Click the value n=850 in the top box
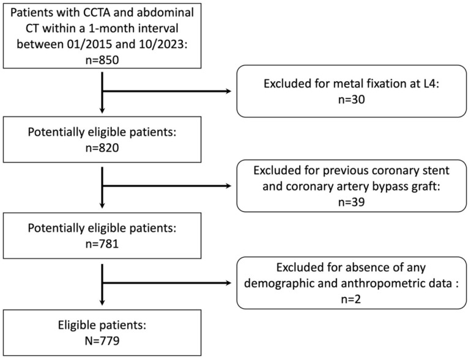tap(102, 60)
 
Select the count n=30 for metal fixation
tap(352, 99)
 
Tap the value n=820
tap(102, 148)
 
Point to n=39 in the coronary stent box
tap(352, 202)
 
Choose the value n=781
tap(102, 243)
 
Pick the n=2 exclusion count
tap(351, 299)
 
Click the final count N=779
tap(102, 341)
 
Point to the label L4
tap(429, 84)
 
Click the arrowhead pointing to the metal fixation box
tap(228, 91)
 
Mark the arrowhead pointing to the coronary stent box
tap(228, 186)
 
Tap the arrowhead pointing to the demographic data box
tap(228, 283)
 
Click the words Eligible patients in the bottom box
tap(102, 325)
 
